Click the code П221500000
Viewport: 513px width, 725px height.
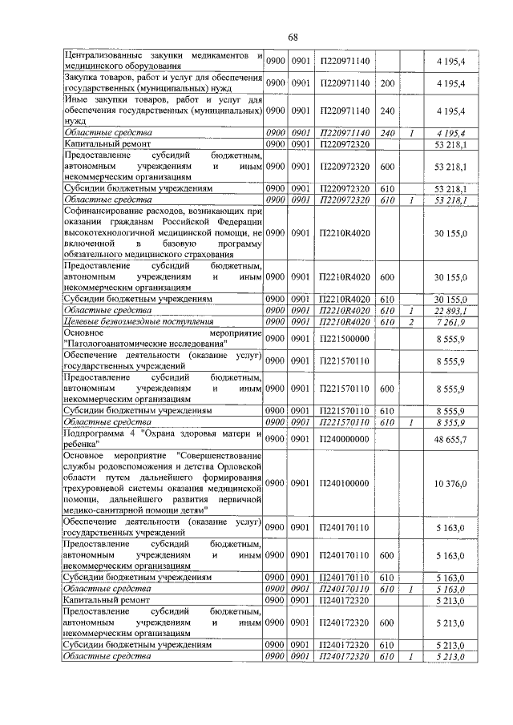(344, 339)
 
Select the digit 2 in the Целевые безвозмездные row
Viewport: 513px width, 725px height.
(410, 321)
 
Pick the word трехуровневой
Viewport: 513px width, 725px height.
(101, 484)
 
